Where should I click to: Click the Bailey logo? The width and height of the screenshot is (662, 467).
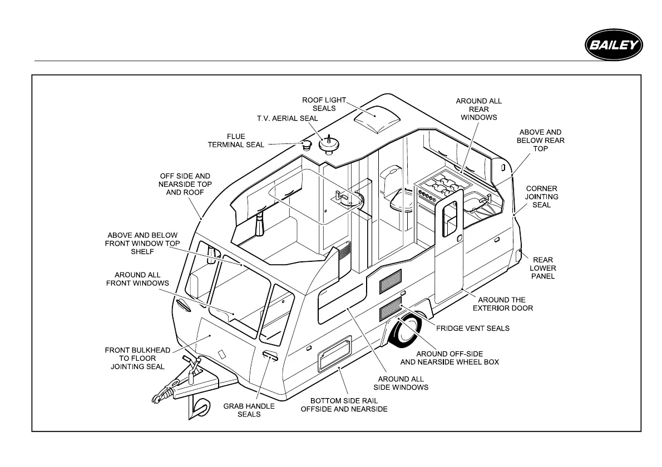[x=613, y=44]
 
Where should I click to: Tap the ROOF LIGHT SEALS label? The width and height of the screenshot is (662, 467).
[x=324, y=104]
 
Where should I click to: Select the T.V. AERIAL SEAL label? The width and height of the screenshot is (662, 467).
[x=287, y=118]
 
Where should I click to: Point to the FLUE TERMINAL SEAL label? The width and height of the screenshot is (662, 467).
[x=236, y=141]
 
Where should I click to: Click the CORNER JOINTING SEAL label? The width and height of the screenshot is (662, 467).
[x=542, y=197]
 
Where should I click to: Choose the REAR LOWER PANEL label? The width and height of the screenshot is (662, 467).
[x=543, y=268]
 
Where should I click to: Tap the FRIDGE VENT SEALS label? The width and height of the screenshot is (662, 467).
[x=472, y=328]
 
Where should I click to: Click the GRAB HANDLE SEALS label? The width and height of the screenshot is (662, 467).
[x=249, y=410]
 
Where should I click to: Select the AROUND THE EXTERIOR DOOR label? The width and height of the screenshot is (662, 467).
[x=502, y=304]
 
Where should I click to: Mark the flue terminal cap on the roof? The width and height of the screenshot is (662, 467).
[x=306, y=146]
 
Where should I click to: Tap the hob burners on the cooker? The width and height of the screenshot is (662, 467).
[x=443, y=184]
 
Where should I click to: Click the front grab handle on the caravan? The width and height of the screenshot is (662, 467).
[x=269, y=356]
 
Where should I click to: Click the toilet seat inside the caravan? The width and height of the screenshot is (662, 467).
[x=402, y=203]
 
